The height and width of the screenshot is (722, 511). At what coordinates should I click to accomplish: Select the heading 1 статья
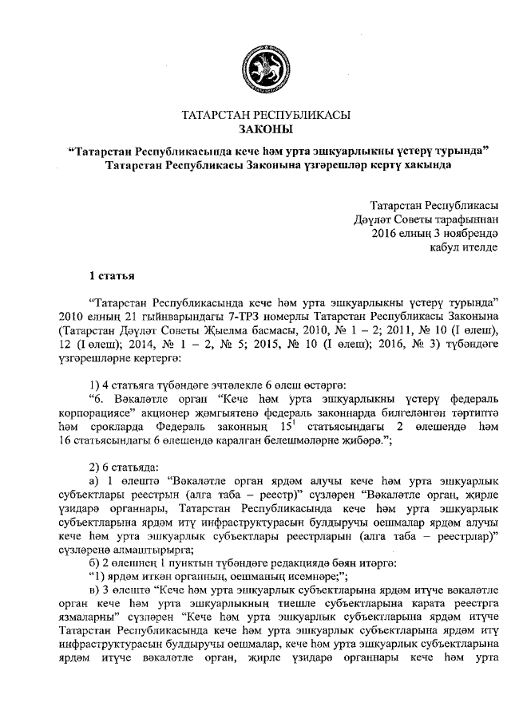pos(111,275)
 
